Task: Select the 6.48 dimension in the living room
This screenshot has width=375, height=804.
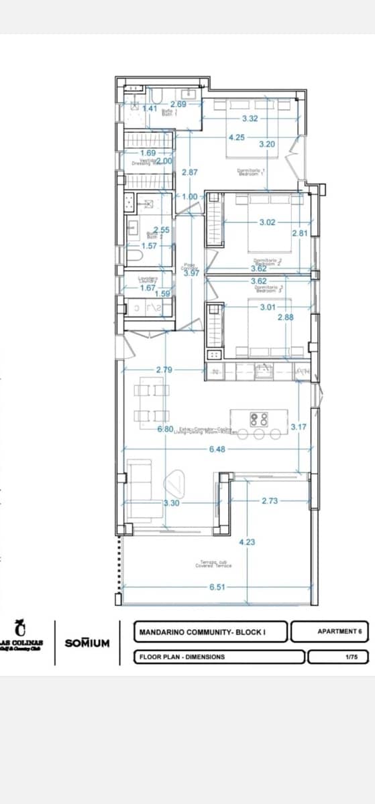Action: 217,449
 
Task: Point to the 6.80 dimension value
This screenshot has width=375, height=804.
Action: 166,428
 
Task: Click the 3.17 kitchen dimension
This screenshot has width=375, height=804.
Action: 299,426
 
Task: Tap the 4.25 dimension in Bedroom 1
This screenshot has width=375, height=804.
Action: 236,137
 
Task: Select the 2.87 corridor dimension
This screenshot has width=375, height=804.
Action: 189,172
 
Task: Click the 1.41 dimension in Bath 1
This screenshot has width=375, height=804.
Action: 150,109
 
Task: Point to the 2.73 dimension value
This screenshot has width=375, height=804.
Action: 269,500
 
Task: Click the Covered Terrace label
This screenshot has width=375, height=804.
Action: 213,564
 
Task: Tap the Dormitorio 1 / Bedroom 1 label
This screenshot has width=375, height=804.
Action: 252,172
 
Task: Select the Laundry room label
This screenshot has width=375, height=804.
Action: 148,279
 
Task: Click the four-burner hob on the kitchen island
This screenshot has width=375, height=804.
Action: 259,419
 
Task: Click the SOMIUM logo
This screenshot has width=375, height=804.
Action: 87,643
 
